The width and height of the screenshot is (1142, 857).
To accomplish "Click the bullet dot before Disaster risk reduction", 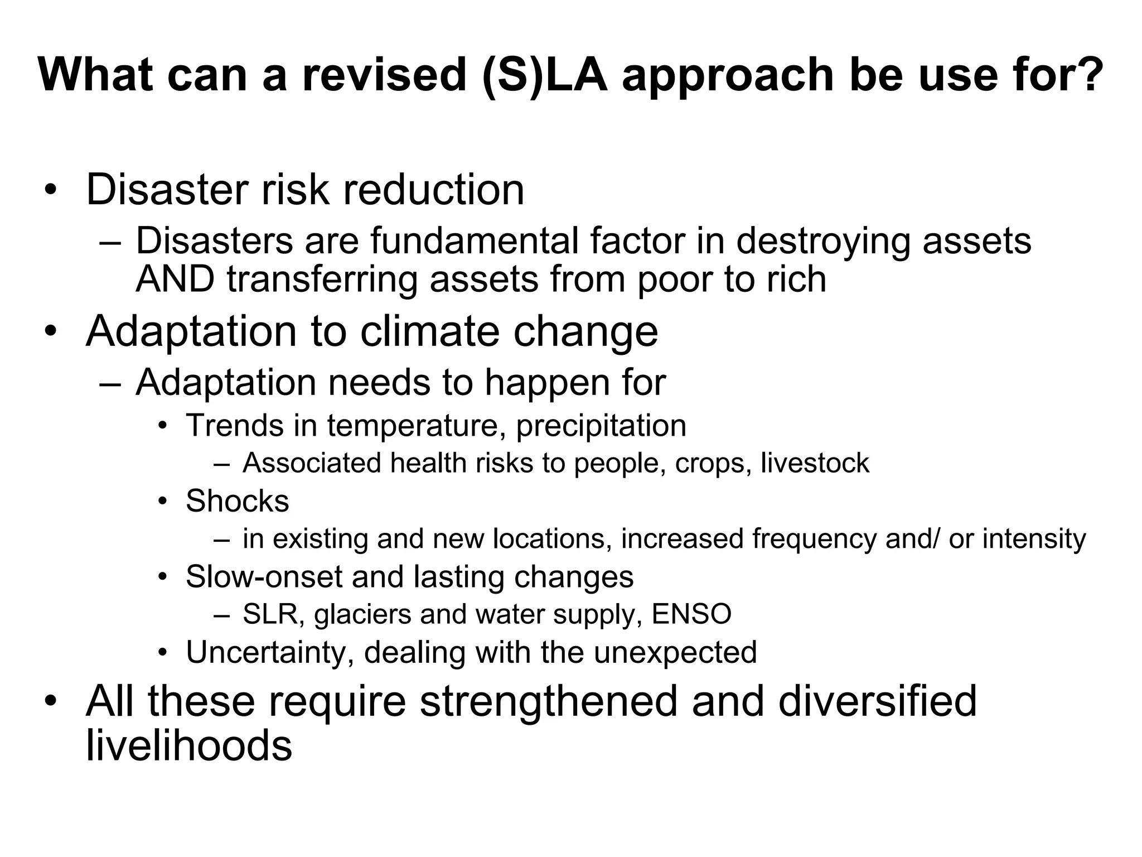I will (51, 190).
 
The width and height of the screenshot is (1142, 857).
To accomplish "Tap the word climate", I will (430, 331).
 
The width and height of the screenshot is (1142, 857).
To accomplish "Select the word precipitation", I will (601, 426).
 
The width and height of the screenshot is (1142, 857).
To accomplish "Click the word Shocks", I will (238, 501).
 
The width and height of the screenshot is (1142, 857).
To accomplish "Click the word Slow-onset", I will (264, 577).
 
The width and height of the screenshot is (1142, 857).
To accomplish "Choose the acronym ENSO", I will (691, 614).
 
